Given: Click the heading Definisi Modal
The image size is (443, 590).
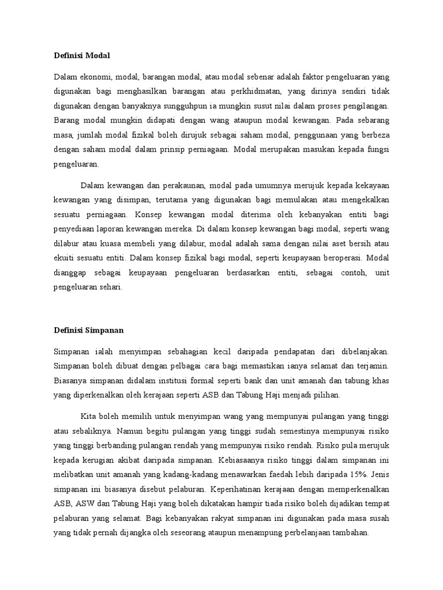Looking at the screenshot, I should [x=81, y=55].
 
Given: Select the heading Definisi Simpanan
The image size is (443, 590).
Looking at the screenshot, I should [x=89, y=330].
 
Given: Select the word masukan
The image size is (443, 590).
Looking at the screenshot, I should [x=314, y=149].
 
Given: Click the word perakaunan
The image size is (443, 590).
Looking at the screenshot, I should [x=177, y=185].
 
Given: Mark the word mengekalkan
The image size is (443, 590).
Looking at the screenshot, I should [x=367, y=199].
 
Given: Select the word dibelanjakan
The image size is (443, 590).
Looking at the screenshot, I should [x=362, y=351].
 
